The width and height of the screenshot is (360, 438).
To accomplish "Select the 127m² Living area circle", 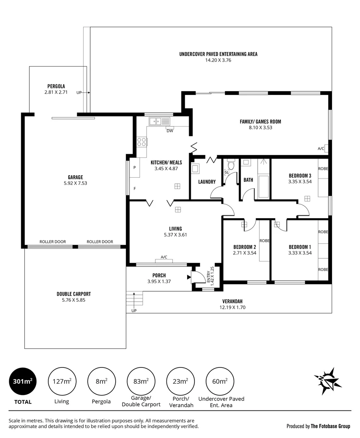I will coord(62,381).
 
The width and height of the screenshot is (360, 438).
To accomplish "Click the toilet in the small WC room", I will coord(231,165).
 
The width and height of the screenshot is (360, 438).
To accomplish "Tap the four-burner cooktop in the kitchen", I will coord(142,142).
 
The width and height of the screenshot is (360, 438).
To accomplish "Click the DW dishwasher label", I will coord(170,131).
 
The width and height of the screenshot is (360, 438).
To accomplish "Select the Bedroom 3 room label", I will coord(300,176).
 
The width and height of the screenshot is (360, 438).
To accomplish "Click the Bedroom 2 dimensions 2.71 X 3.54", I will coord(244,253).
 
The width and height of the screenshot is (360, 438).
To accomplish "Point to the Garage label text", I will coord(75,177).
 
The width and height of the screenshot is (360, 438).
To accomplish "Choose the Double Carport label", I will coord(73,294).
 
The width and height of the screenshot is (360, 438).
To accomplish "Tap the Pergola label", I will coord(56,86).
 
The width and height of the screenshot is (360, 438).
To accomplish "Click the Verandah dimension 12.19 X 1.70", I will coord(232,307).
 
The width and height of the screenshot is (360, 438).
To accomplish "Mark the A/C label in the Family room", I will coord(321,148).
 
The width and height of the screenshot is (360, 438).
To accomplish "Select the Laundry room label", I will coord(207,182).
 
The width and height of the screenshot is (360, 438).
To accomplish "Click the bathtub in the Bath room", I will coord(263,187).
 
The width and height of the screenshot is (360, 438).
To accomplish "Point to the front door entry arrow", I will coord(189,277).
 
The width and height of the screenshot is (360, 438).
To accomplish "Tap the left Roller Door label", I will coord(52,242).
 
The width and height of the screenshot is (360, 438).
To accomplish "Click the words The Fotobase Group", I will coord(330,426).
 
